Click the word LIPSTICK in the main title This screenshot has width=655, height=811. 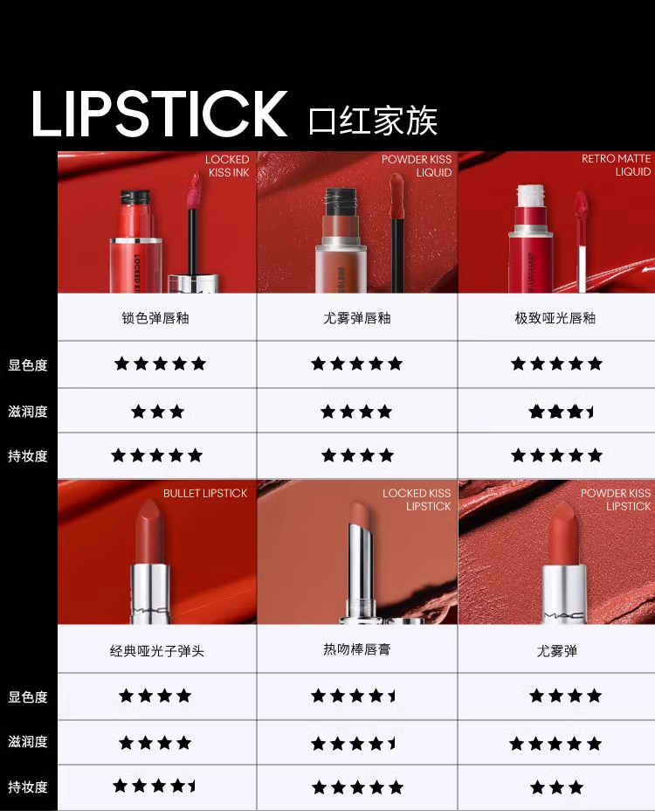(159, 114)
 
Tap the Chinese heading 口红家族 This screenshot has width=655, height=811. (373, 121)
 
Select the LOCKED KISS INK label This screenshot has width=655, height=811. (227, 165)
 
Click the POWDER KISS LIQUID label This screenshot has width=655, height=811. (417, 165)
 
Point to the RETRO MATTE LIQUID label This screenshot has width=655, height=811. (616, 165)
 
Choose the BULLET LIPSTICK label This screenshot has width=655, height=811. (205, 494)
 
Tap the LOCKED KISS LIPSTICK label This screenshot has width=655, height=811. (417, 500)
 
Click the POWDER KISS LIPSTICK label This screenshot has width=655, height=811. (615, 500)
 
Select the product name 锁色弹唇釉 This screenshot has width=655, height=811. (155, 317)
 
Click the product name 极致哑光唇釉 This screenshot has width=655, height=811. (555, 317)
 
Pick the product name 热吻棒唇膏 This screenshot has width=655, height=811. (356, 649)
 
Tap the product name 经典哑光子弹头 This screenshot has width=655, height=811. (156, 651)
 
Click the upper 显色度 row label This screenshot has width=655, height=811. (28, 365)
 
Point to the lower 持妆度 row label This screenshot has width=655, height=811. (28, 787)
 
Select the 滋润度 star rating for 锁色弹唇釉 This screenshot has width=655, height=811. (158, 412)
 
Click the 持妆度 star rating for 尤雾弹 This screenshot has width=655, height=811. (557, 787)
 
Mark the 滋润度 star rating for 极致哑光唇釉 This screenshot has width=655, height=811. (561, 412)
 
